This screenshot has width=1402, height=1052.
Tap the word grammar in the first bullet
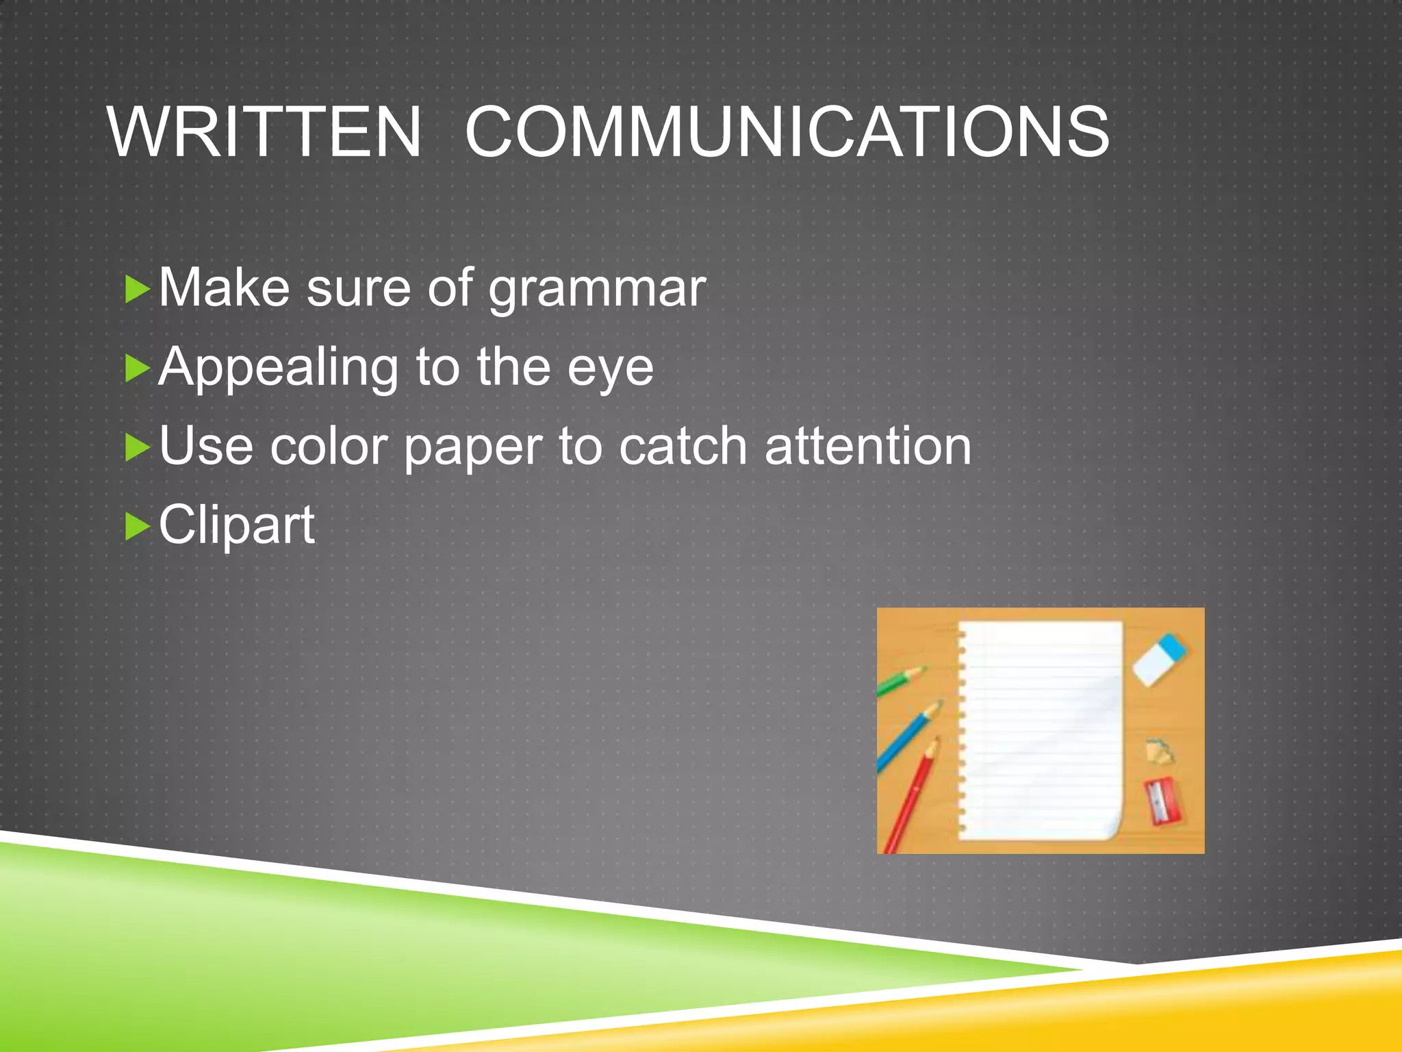tap(597, 288)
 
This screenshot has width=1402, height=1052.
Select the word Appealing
tap(278, 368)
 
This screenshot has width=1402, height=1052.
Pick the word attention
tap(867, 447)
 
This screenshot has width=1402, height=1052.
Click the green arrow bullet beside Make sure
tap(138, 290)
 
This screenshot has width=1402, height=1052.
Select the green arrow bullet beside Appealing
tap(138, 369)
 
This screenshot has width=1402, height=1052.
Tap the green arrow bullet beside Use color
tap(138, 448)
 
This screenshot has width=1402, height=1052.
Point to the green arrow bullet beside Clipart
tap(138, 527)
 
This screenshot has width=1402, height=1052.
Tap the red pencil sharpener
tap(1163, 801)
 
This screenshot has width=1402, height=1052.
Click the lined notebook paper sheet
tap(1041, 729)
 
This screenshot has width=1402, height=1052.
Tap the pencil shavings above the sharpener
tap(1160, 751)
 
